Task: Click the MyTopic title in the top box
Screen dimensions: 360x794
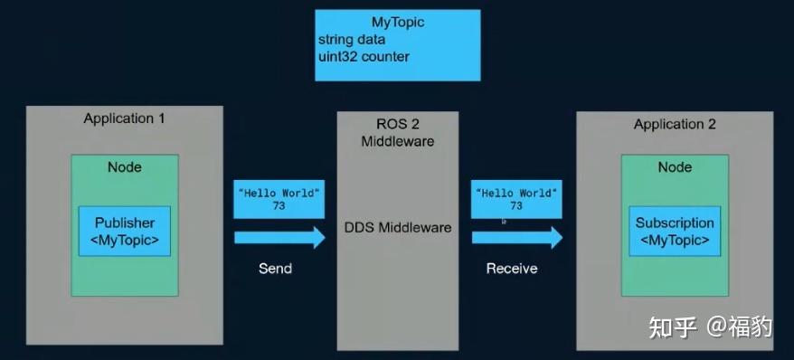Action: click(398, 22)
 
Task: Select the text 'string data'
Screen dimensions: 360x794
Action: click(352, 40)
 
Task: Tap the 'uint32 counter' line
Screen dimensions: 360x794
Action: click(364, 57)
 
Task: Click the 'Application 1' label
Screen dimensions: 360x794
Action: click(124, 118)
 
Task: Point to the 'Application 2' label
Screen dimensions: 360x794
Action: click(675, 125)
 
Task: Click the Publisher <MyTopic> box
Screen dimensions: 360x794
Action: click(125, 232)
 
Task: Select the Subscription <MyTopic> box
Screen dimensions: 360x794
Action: click(675, 232)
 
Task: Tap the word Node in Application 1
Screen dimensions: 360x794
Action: click(125, 167)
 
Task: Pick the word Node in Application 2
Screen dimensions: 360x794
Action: click(675, 167)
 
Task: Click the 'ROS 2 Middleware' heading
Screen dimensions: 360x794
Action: click(398, 132)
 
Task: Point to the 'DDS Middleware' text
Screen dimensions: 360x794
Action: click(398, 227)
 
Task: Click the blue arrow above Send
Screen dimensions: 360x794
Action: click(279, 238)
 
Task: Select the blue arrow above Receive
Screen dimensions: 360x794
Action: click(516, 238)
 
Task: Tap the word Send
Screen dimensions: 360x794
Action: click(275, 269)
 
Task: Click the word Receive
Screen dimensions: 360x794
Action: click(512, 269)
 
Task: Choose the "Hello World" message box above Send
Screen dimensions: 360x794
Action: click(279, 200)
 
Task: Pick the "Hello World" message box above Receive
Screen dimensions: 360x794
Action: click(516, 200)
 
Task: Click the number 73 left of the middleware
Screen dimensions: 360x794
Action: click(279, 207)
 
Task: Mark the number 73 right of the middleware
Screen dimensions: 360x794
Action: click(516, 207)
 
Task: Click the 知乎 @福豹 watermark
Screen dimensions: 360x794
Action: click(711, 326)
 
